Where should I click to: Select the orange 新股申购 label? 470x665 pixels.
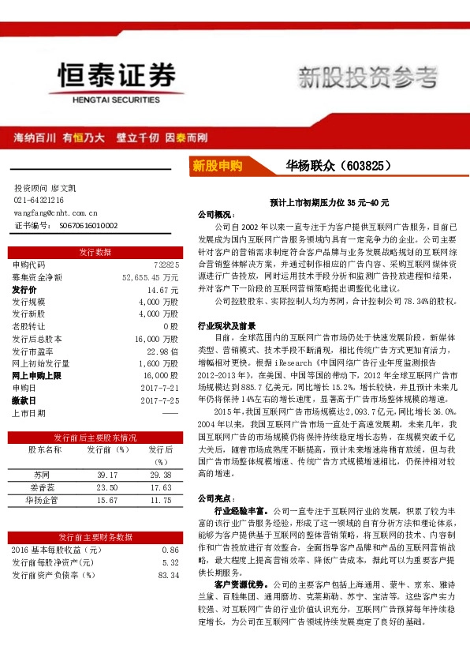click(218, 166)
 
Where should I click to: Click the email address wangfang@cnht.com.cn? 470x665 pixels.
click(55, 212)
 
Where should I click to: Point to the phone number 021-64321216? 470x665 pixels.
click(39, 201)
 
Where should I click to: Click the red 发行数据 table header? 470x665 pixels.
click(95, 252)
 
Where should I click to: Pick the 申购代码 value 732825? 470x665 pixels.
click(166, 265)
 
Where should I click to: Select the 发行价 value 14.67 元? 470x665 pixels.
click(162, 290)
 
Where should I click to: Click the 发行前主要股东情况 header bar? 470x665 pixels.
click(95, 437)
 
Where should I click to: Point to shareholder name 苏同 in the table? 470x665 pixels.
click(42, 475)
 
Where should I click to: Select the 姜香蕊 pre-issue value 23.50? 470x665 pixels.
click(106, 487)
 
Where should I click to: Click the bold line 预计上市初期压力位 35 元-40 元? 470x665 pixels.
click(329, 203)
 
